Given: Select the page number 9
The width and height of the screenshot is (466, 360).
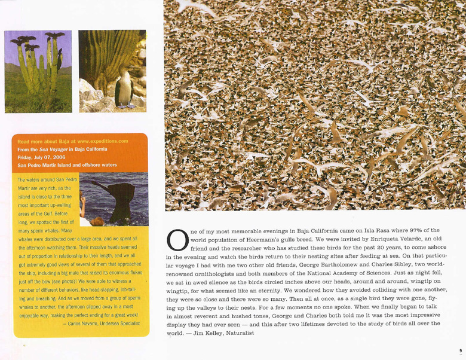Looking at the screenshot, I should coord(461,350).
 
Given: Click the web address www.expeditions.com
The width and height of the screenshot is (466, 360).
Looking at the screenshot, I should coord(107,141).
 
